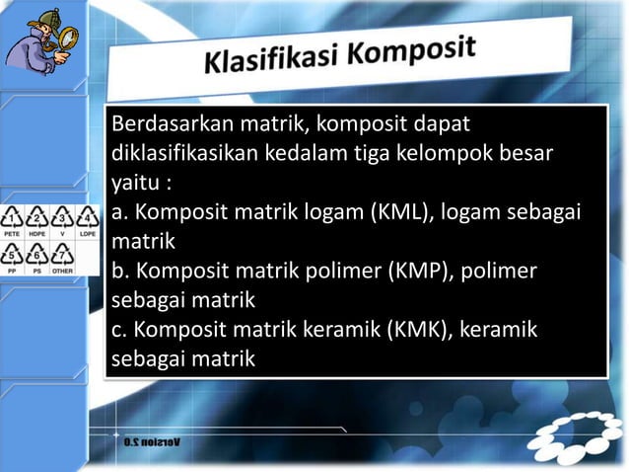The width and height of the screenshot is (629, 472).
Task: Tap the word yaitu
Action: (133, 184)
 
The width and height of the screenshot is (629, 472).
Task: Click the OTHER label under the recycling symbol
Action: (63, 270)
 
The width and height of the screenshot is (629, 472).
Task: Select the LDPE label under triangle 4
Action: (89, 235)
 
